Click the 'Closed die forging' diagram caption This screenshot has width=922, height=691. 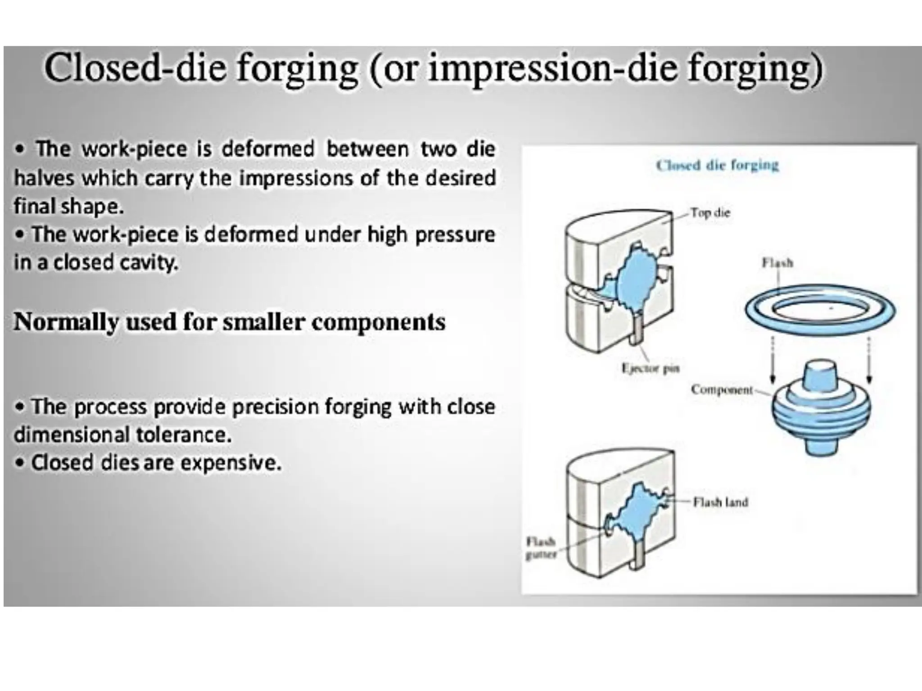click(x=717, y=166)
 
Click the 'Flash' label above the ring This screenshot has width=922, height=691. click(x=777, y=263)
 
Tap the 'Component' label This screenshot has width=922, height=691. click(x=722, y=390)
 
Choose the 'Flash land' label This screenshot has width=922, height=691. click(x=720, y=502)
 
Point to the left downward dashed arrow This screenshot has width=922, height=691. click(x=773, y=360)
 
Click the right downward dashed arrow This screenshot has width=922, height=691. click(x=869, y=360)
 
